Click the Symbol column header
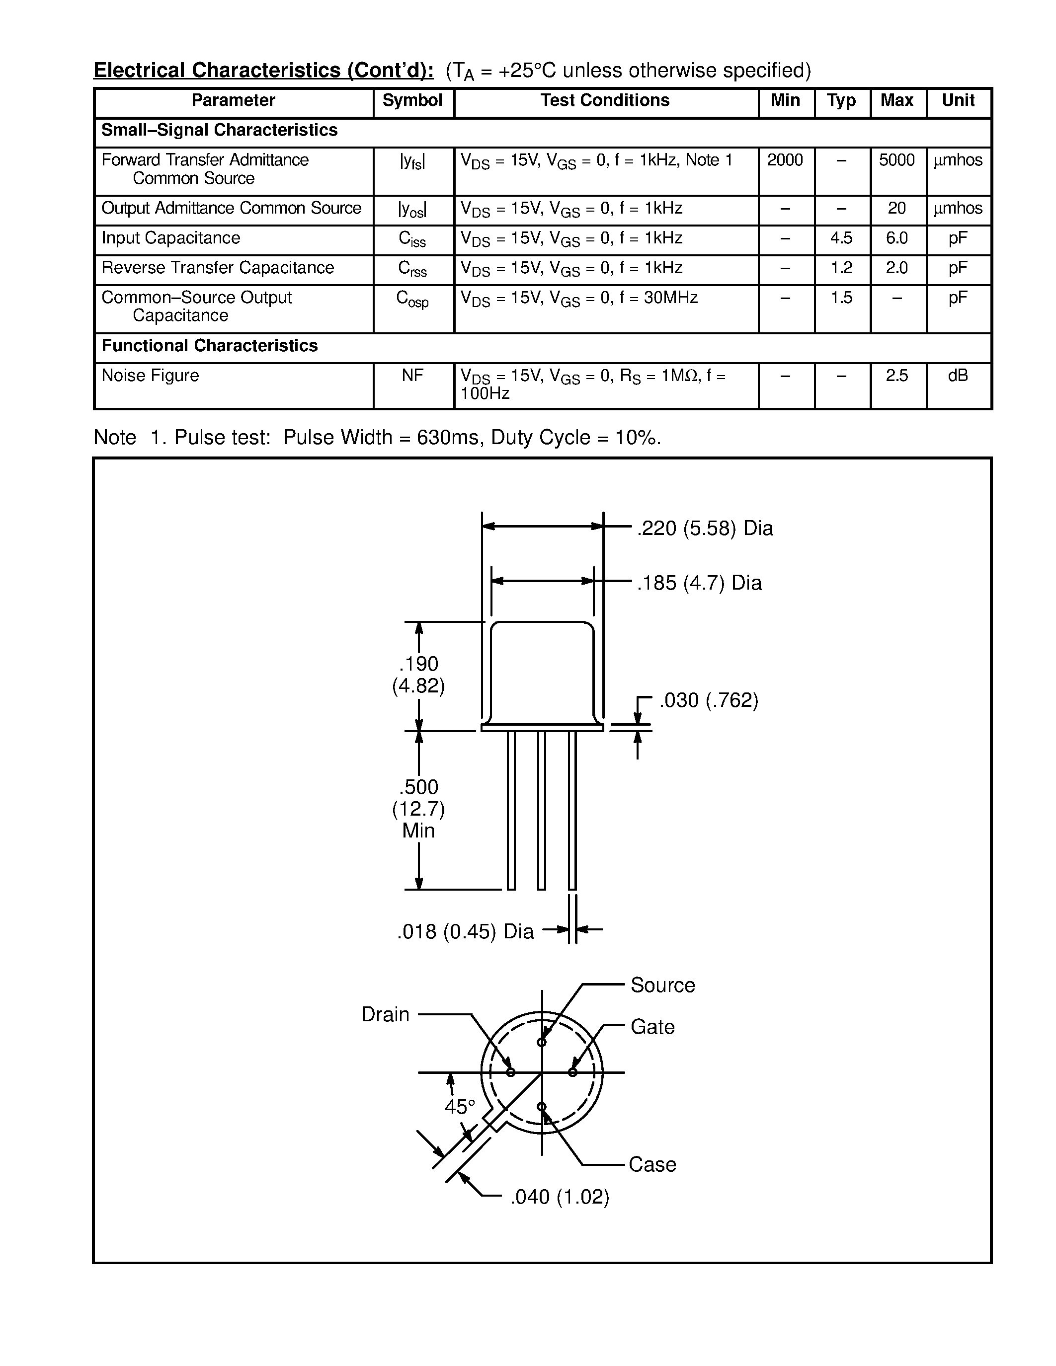[x=412, y=101]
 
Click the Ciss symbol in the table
[x=412, y=239]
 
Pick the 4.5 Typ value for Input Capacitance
[x=841, y=238]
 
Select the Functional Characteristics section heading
[x=210, y=346]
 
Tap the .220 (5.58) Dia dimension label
[x=705, y=529]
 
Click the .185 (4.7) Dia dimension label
[x=699, y=583]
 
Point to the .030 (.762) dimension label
[x=709, y=700]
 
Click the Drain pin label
[x=385, y=1014]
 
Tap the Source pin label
[x=662, y=985]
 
